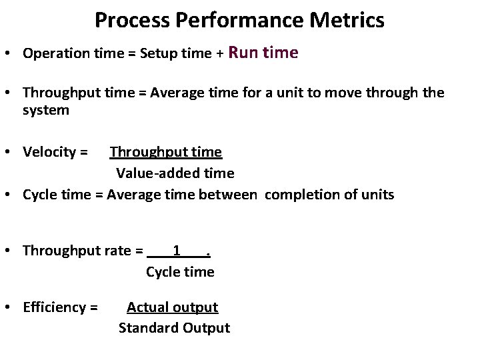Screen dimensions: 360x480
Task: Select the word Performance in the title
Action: tap(236, 20)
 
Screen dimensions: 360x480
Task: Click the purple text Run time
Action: tap(263, 53)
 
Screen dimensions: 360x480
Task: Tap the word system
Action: tap(46, 111)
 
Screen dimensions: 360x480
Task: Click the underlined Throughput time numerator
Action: tap(166, 153)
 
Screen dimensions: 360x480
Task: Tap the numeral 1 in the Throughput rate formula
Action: tap(176, 251)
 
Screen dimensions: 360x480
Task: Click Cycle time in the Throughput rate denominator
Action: tap(180, 271)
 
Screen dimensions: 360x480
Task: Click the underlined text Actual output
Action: tap(173, 307)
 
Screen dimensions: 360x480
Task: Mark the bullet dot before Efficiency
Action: tap(13, 307)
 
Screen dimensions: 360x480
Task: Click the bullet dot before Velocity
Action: tap(13, 153)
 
